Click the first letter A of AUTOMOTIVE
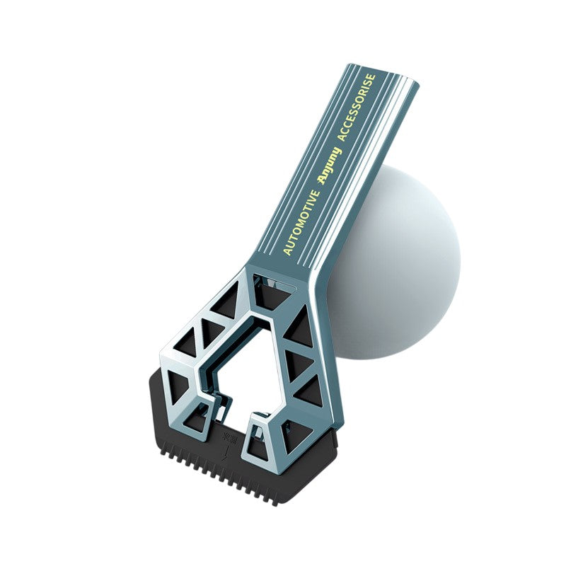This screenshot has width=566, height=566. (x=287, y=251)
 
